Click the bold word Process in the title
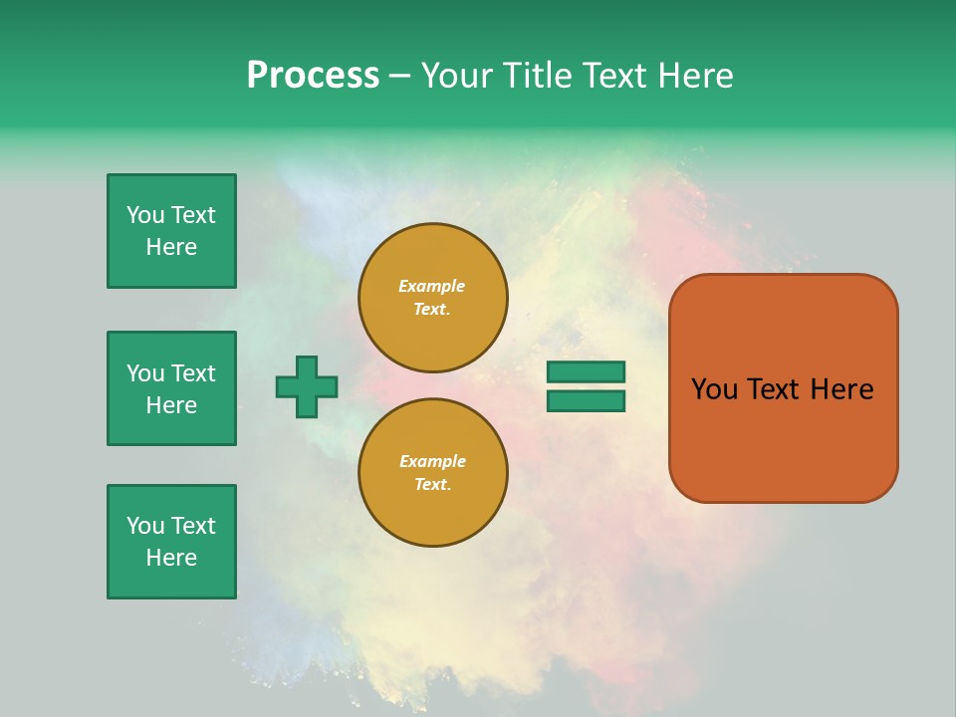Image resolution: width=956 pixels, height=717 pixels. (313, 76)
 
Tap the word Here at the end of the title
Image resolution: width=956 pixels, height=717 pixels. (695, 75)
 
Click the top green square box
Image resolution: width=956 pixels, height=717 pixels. (172, 231)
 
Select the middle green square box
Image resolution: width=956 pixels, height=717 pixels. (172, 388)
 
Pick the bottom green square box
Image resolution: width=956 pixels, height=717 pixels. (172, 542)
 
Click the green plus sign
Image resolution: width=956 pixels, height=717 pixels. (307, 387)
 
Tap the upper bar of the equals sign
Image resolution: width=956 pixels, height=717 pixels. (586, 371)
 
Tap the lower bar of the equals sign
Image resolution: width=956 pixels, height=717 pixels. (586, 401)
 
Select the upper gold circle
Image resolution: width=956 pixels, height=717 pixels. (433, 298)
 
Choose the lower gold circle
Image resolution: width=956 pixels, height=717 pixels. (433, 472)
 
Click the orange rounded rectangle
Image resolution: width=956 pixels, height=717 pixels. (784, 388)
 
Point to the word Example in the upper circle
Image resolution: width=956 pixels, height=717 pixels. (431, 286)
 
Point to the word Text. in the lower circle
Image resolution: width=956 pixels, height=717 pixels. (433, 484)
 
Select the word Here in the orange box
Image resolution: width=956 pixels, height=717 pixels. (842, 389)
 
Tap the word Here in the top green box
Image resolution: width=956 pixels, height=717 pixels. (171, 247)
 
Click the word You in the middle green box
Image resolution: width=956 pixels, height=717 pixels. (145, 373)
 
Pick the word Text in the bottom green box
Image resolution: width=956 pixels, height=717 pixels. (192, 526)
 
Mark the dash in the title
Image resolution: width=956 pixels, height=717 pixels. (399, 78)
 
